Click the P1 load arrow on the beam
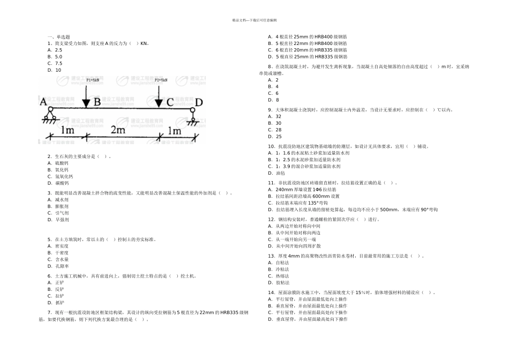click(x=86, y=95)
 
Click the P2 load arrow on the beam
click(x=159, y=95)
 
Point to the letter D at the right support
click(x=199, y=102)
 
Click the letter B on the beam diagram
click(x=97, y=102)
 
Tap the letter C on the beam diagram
click(x=170, y=102)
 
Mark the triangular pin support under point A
click(x=51, y=114)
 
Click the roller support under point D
click(x=192, y=114)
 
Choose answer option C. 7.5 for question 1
click(x=55, y=63)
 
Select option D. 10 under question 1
click(x=54, y=70)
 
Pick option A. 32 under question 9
click(x=274, y=116)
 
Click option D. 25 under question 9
click(x=274, y=136)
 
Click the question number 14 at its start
click(x=271, y=292)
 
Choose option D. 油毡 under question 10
click(x=276, y=173)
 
